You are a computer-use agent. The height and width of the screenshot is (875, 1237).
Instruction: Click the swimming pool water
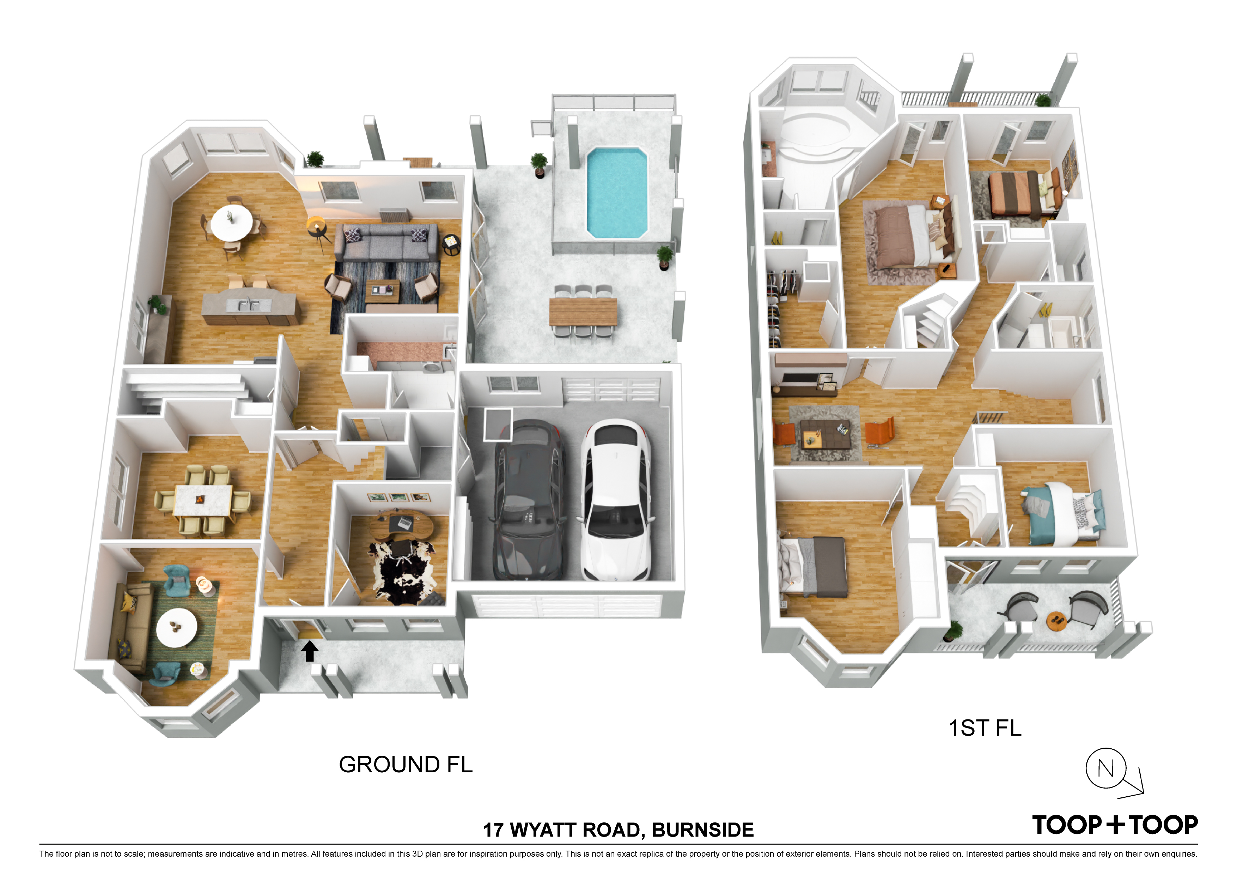(616, 193)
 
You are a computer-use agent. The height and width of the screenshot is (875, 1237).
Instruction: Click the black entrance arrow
(309, 651)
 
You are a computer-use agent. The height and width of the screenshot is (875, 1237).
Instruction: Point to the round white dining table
(231, 224)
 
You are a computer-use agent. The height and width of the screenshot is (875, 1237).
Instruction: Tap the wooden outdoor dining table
(583, 312)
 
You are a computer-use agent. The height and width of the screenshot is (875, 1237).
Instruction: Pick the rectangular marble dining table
(203, 501)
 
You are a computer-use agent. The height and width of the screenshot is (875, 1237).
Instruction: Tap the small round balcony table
(1056, 621)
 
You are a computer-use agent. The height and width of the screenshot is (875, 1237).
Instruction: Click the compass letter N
(1105, 768)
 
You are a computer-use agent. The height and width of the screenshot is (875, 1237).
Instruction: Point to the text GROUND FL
(406, 765)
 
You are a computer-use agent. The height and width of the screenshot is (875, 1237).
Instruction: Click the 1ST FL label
(985, 728)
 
